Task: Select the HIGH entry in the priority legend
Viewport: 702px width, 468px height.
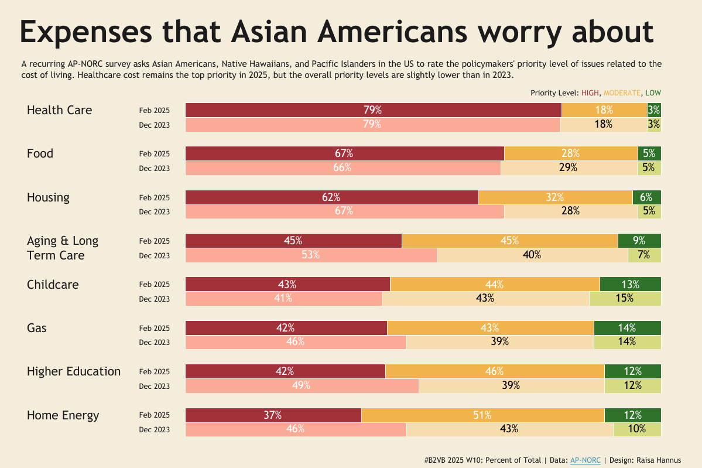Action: [x=590, y=93]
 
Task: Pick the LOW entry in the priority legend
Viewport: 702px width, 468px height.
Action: [x=653, y=93]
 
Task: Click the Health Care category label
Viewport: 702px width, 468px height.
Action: [x=59, y=110]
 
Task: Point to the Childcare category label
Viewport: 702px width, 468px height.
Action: [x=53, y=285]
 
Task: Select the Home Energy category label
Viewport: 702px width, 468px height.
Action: [x=63, y=415]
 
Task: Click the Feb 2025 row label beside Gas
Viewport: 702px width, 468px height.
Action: [x=154, y=328]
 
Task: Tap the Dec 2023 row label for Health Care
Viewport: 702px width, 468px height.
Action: [x=154, y=125]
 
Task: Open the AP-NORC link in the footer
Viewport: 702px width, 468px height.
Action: [x=585, y=460]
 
